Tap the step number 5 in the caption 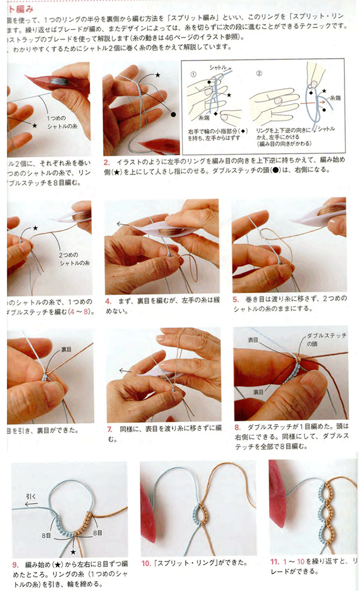point(235,300)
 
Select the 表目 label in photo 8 point(253,340)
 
